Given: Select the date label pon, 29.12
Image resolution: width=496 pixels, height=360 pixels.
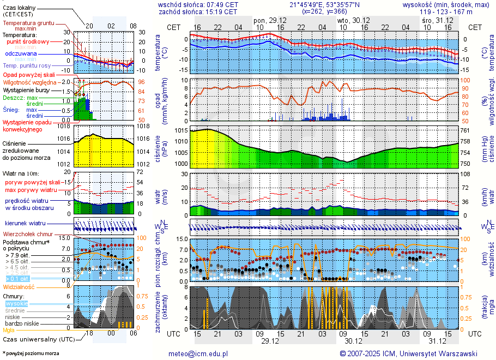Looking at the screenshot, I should point(270,20).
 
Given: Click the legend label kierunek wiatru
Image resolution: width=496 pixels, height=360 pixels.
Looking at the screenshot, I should point(25,224).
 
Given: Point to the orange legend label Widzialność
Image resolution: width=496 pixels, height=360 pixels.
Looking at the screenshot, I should point(19,286).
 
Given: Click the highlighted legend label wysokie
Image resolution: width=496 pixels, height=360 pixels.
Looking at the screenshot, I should point(16,303).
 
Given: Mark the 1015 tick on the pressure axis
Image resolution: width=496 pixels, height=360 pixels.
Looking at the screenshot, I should point(181,131).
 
